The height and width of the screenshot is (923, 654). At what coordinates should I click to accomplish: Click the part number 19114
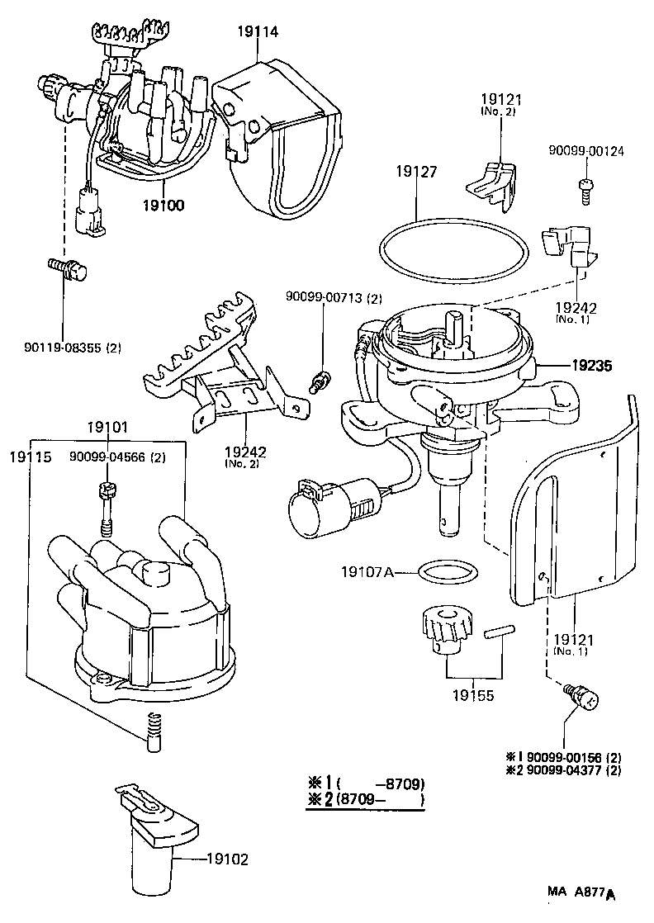tap(258, 32)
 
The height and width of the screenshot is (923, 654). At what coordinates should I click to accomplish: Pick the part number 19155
tap(474, 695)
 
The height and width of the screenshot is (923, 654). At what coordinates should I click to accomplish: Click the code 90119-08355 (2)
tap(72, 348)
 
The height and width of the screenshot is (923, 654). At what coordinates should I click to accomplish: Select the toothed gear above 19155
tap(446, 628)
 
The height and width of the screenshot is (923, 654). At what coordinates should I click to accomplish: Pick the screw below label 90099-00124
tap(585, 187)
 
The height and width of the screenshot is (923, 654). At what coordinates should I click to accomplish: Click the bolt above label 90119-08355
tap(67, 269)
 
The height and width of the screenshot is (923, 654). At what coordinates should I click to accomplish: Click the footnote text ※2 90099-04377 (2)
tap(563, 769)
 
